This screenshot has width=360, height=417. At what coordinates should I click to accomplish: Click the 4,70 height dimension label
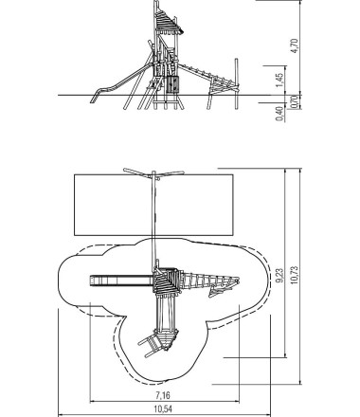[294, 45]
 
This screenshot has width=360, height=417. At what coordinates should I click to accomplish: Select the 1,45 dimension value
[279, 81]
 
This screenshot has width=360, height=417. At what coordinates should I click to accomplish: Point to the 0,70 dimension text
[294, 101]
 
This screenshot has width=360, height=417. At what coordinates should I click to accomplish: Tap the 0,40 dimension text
[279, 114]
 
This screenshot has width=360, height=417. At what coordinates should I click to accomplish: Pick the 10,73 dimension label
[294, 275]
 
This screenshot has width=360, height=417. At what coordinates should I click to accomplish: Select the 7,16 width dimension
[163, 395]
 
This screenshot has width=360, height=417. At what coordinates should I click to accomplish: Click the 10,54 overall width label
[163, 409]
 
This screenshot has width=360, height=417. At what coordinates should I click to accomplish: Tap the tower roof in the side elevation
[168, 22]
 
